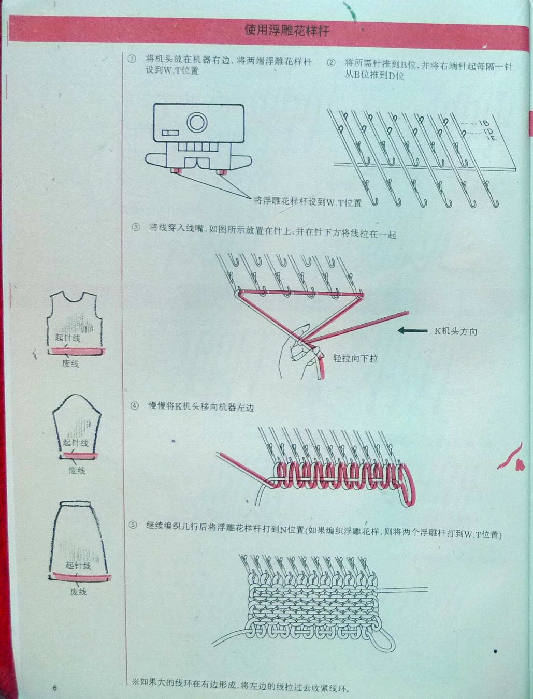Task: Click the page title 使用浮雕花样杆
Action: [287, 31]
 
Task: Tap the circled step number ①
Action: [132, 59]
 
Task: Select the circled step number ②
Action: [331, 63]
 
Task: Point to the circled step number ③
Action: [136, 227]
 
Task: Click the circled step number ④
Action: [135, 406]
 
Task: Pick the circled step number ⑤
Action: [133, 525]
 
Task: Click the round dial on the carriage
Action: [197, 122]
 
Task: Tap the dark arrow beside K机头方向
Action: [412, 330]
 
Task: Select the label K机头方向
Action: [456, 331]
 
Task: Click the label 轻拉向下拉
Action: [355, 359]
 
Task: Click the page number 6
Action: [55, 688]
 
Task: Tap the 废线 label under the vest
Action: [70, 363]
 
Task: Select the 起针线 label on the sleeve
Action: [75, 442]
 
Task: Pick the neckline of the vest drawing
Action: [74, 300]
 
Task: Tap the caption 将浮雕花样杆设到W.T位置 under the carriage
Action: [308, 201]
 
